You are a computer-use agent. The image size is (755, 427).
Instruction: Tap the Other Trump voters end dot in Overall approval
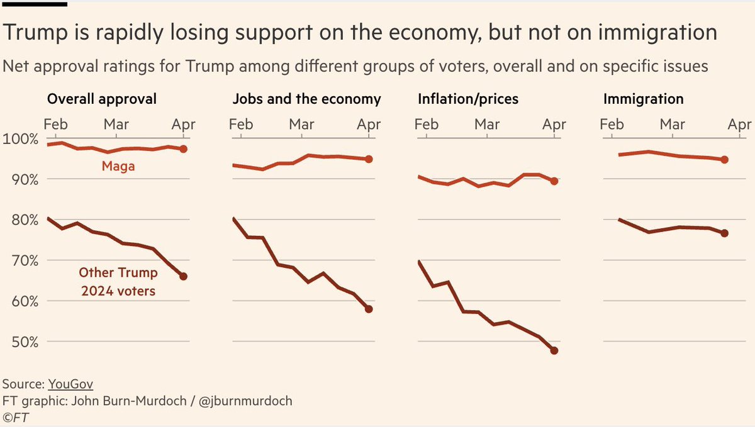click(183, 276)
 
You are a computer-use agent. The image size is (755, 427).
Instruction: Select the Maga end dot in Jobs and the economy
click(369, 159)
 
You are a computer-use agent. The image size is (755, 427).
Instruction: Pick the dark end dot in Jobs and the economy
click(369, 309)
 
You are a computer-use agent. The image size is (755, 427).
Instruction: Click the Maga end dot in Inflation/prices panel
click(554, 181)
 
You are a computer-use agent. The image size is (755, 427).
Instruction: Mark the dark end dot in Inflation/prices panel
click(554, 350)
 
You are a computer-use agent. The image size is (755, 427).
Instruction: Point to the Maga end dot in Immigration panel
click(725, 160)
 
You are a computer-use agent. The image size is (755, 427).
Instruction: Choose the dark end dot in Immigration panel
click(725, 233)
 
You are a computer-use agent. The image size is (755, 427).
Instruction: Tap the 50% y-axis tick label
click(21, 342)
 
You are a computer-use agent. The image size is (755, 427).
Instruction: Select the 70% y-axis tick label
click(21, 260)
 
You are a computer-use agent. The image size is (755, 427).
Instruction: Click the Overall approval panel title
click(102, 99)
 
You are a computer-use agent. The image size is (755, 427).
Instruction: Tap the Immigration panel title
click(643, 99)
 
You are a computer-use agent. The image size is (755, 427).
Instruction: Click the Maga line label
click(118, 167)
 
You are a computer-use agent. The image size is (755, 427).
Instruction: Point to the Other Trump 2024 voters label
click(118, 282)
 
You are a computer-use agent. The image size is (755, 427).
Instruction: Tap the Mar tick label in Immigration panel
click(673, 125)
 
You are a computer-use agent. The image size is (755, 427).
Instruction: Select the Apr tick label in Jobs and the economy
click(369, 125)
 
